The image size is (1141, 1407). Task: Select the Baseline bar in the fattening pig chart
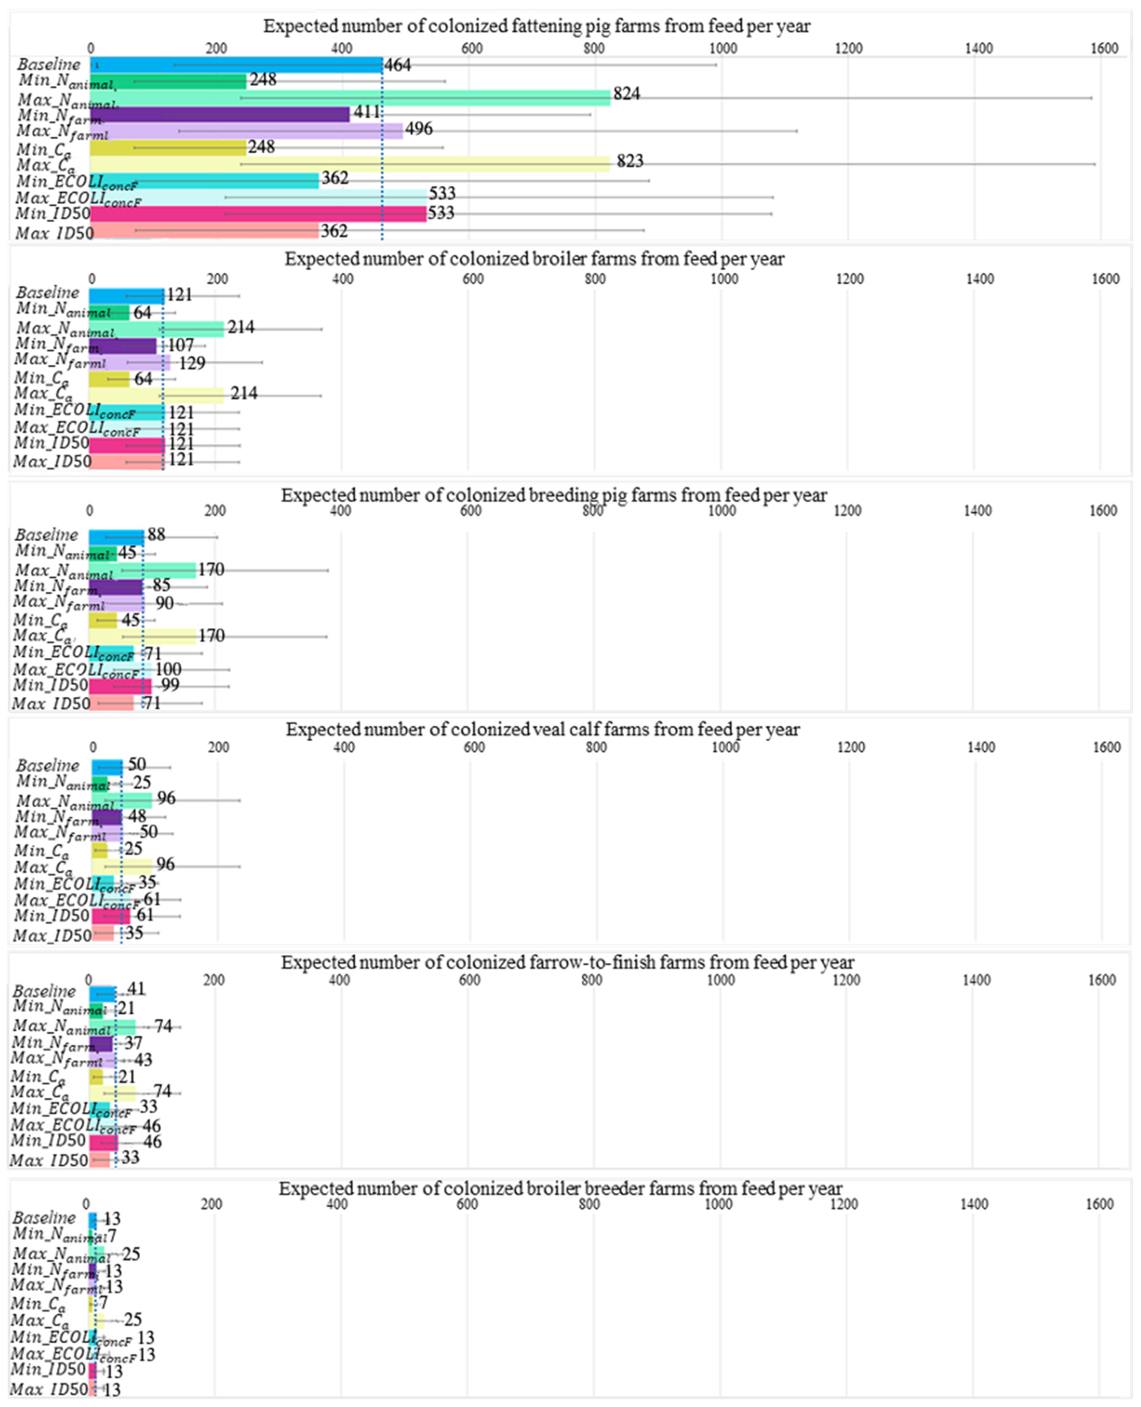pos(237,64)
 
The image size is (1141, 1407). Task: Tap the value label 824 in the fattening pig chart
pos(626,94)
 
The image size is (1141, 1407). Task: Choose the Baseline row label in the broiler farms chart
pos(47,293)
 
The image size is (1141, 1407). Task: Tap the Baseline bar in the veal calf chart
pos(107,766)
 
